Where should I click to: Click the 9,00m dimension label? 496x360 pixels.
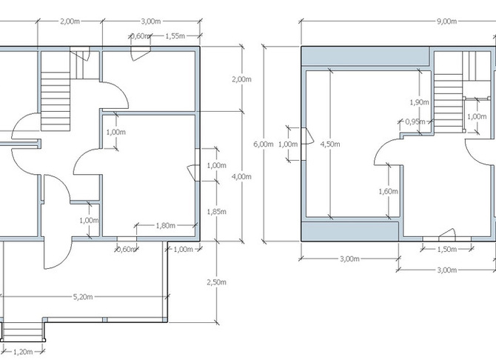pyautogui.click(x=446, y=21)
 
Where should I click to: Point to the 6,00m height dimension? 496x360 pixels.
pyautogui.click(x=264, y=144)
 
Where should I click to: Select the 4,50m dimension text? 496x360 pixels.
pyautogui.click(x=330, y=144)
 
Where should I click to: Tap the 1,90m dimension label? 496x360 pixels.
pyautogui.click(x=420, y=102)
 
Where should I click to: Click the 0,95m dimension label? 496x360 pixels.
pyautogui.click(x=415, y=121)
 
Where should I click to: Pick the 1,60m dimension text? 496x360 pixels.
pyautogui.click(x=388, y=191)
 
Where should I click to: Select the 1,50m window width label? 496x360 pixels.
pyautogui.click(x=447, y=249)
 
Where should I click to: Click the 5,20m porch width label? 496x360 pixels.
pyautogui.click(x=83, y=297)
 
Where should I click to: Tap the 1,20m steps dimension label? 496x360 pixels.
pyautogui.click(x=23, y=351)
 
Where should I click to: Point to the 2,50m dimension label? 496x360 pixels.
pyautogui.click(x=217, y=281)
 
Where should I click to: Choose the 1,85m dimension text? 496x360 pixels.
pyautogui.click(x=217, y=211)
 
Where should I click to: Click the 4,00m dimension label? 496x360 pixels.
pyautogui.click(x=241, y=176)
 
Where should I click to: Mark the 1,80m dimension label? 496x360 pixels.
pyautogui.click(x=165, y=225)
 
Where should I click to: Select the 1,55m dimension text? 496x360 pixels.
pyautogui.click(x=175, y=36)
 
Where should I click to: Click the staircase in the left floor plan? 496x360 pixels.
pyautogui.click(x=56, y=101)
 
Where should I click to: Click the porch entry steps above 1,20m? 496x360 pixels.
pyautogui.click(x=22, y=332)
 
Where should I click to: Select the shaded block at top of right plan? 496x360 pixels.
pyautogui.click(x=365, y=56)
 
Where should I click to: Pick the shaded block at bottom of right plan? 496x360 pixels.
pyautogui.click(x=350, y=231)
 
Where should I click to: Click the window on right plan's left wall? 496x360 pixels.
pyautogui.click(x=303, y=144)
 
